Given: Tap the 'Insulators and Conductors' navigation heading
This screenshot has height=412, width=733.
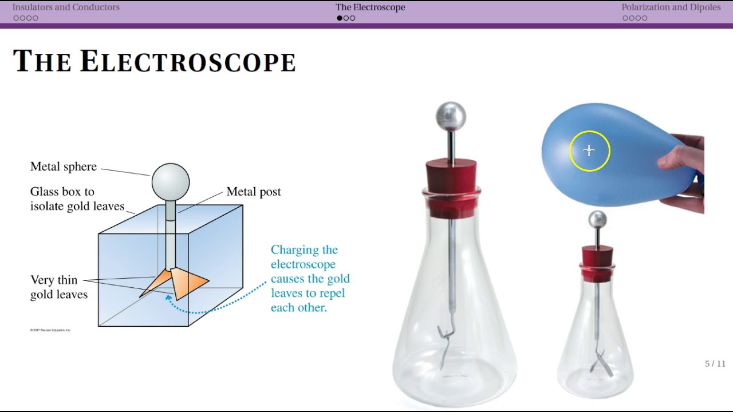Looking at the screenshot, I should (66, 7).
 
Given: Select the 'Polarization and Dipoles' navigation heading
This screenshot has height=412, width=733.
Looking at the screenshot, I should (671, 7).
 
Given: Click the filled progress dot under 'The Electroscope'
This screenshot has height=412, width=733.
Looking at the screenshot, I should (340, 18).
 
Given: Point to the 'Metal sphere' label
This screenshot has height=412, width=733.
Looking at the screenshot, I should (64, 167).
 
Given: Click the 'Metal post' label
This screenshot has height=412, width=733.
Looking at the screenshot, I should (254, 192).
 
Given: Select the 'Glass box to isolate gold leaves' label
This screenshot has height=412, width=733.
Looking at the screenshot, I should (77, 199).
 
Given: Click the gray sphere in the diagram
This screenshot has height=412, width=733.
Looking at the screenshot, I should (171, 181).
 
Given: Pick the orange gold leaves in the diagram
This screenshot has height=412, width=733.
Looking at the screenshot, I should (183, 282).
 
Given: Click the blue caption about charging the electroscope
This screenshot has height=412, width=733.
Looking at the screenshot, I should (310, 279).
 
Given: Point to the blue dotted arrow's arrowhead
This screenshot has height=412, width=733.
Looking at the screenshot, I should (168, 296).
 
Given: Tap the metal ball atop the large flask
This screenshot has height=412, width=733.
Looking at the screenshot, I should (451, 117).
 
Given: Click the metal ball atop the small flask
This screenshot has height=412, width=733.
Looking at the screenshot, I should (597, 220).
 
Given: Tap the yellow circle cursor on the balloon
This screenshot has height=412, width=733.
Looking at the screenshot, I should (589, 150).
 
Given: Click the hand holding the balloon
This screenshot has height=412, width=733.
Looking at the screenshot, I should (684, 172).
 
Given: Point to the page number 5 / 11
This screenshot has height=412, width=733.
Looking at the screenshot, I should (715, 364).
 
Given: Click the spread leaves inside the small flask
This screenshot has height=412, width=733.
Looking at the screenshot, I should (600, 363).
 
